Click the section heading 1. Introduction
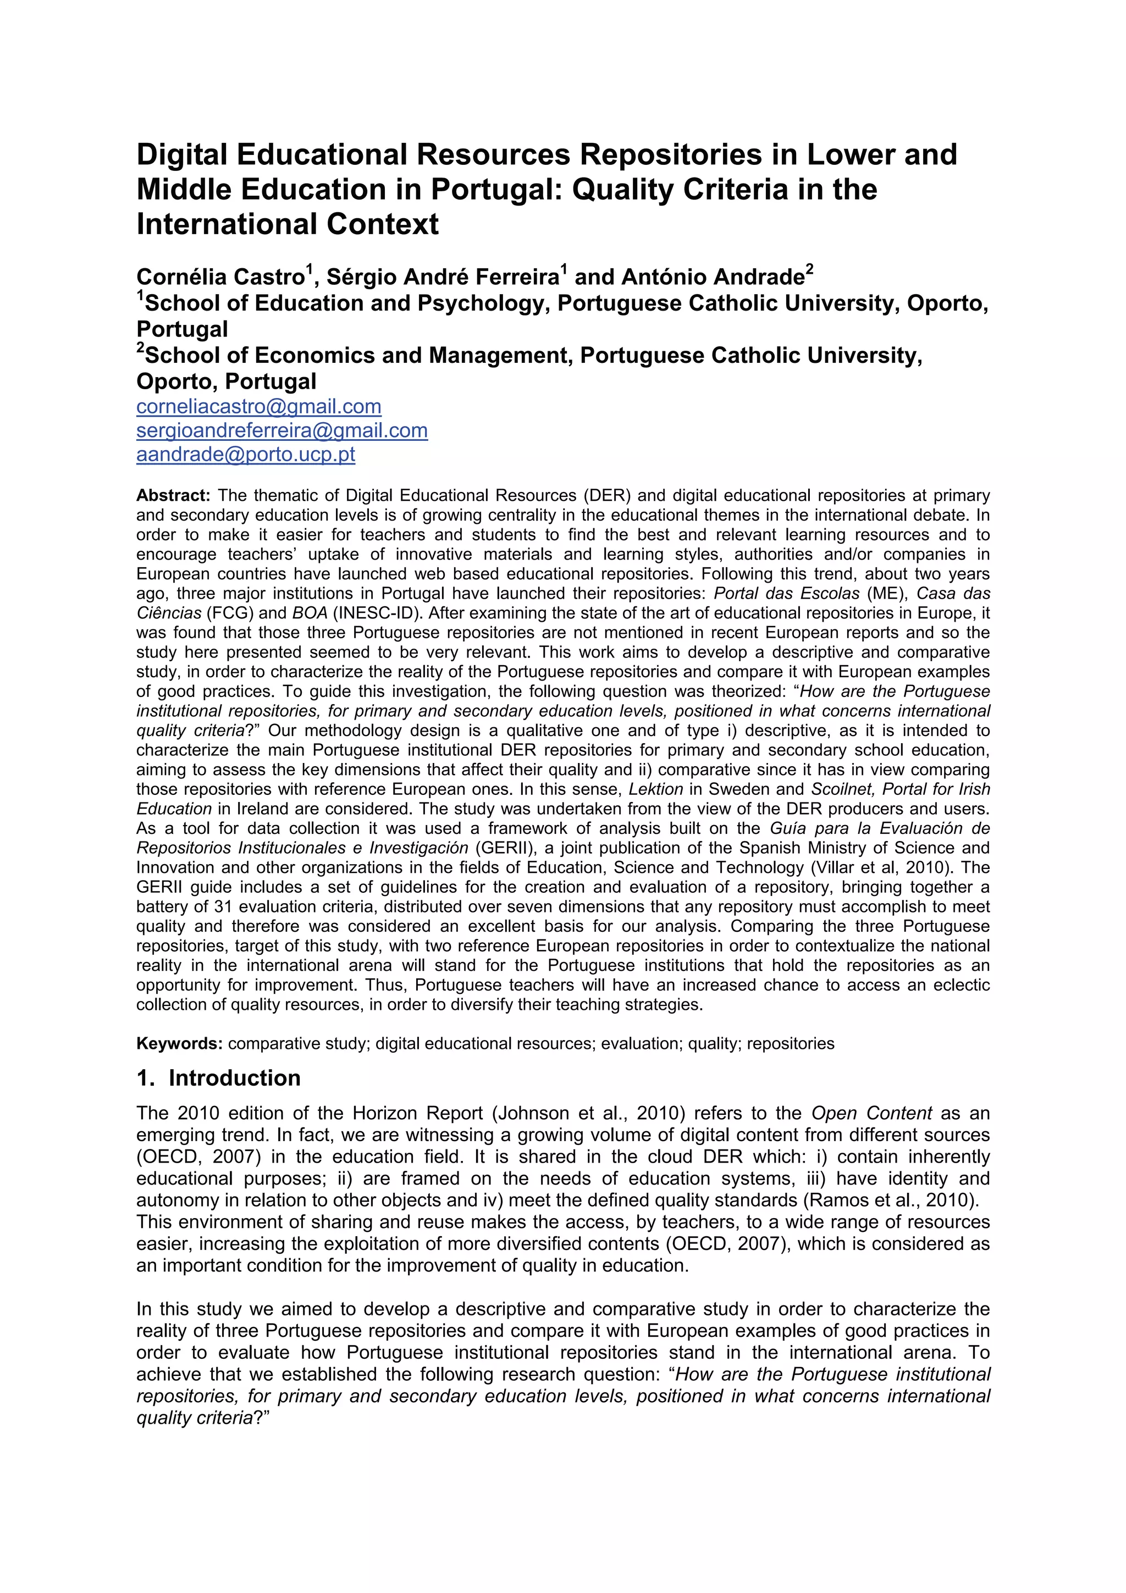point(218,1077)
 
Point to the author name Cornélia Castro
point(220,277)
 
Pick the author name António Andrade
point(713,277)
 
